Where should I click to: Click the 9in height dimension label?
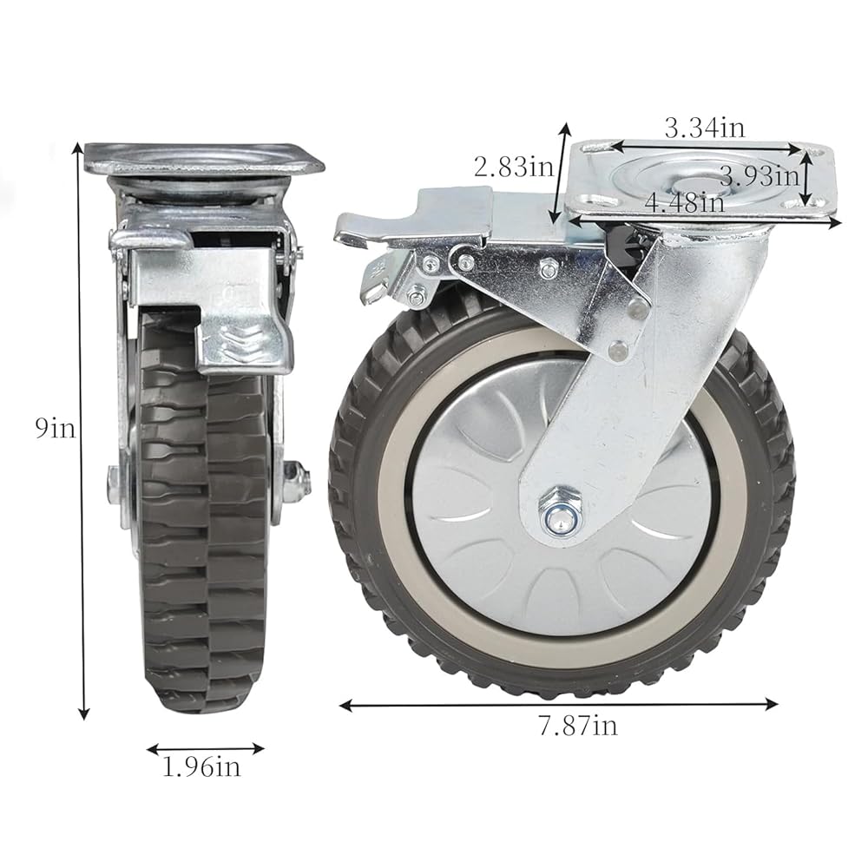[x=55, y=428]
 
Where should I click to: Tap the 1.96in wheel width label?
[x=201, y=766]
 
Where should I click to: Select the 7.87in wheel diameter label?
[x=578, y=725]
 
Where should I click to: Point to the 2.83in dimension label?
[x=514, y=167]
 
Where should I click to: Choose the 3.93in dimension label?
[x=760, y=176]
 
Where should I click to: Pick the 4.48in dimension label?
[x=686, y=202]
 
